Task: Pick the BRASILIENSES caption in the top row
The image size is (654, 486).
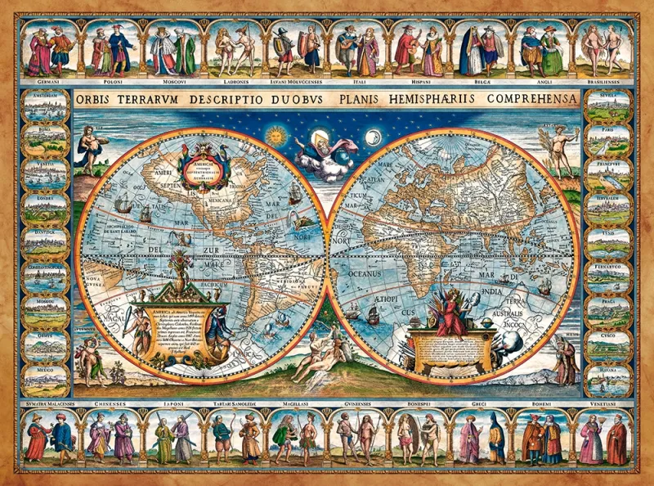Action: pyautogui.click(x=602, y=83)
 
